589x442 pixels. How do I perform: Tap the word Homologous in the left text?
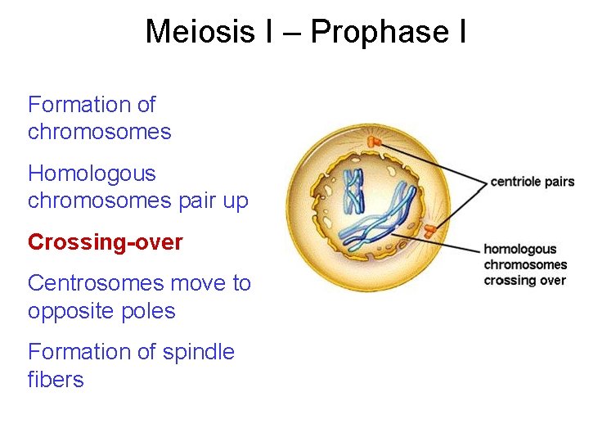92,174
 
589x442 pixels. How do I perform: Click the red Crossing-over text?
106,242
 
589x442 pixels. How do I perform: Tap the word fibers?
56,380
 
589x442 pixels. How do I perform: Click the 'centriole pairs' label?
532,182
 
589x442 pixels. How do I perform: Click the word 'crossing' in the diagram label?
506,281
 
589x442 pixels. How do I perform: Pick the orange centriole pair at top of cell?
374,142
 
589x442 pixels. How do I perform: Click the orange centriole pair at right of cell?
429,231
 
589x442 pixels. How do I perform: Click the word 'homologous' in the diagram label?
519,250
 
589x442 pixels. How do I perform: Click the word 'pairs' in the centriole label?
560,182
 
